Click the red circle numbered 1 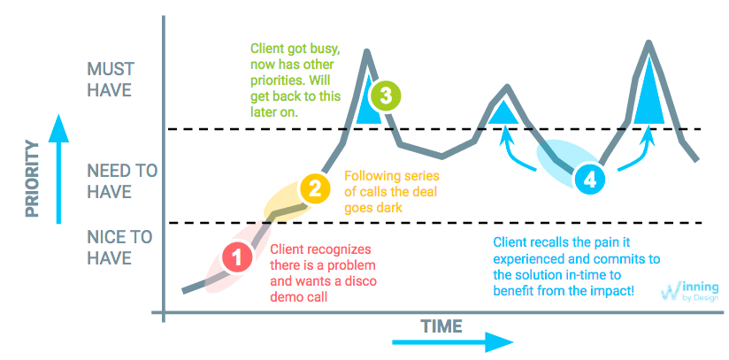click(236, 257)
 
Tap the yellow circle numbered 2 click(312, 188)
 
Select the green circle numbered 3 click(386, 95)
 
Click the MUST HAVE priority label click(110, 80)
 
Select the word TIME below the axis click(440, 326)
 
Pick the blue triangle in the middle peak click(503, 111)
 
